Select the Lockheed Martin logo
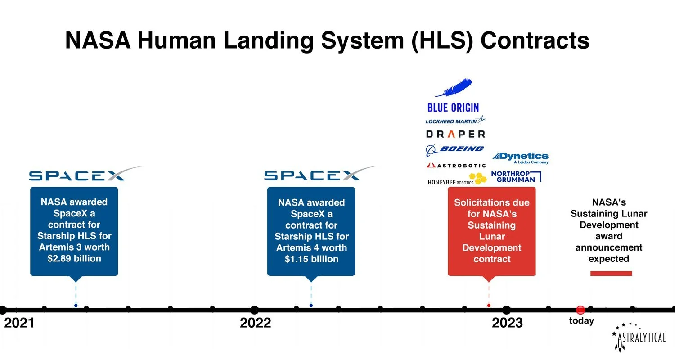[x=455, y=121]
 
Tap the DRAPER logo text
[x=455, y=134]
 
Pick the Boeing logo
[x=455, y=149]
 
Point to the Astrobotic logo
[x=456, y=166]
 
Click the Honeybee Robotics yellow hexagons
[x=478, y=178]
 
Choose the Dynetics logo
[x=520, y=158]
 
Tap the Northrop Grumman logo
[x=516, y=176]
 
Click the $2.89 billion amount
[x=74, y=259]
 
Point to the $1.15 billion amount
[x=311, y=259]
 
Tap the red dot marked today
[x=580, y=310]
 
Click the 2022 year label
[x=256, y=323]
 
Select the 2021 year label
[x=19, y=323]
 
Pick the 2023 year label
[x=507, y=323]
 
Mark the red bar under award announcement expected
[x=611, y=273]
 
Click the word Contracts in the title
[x=535, y=41]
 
